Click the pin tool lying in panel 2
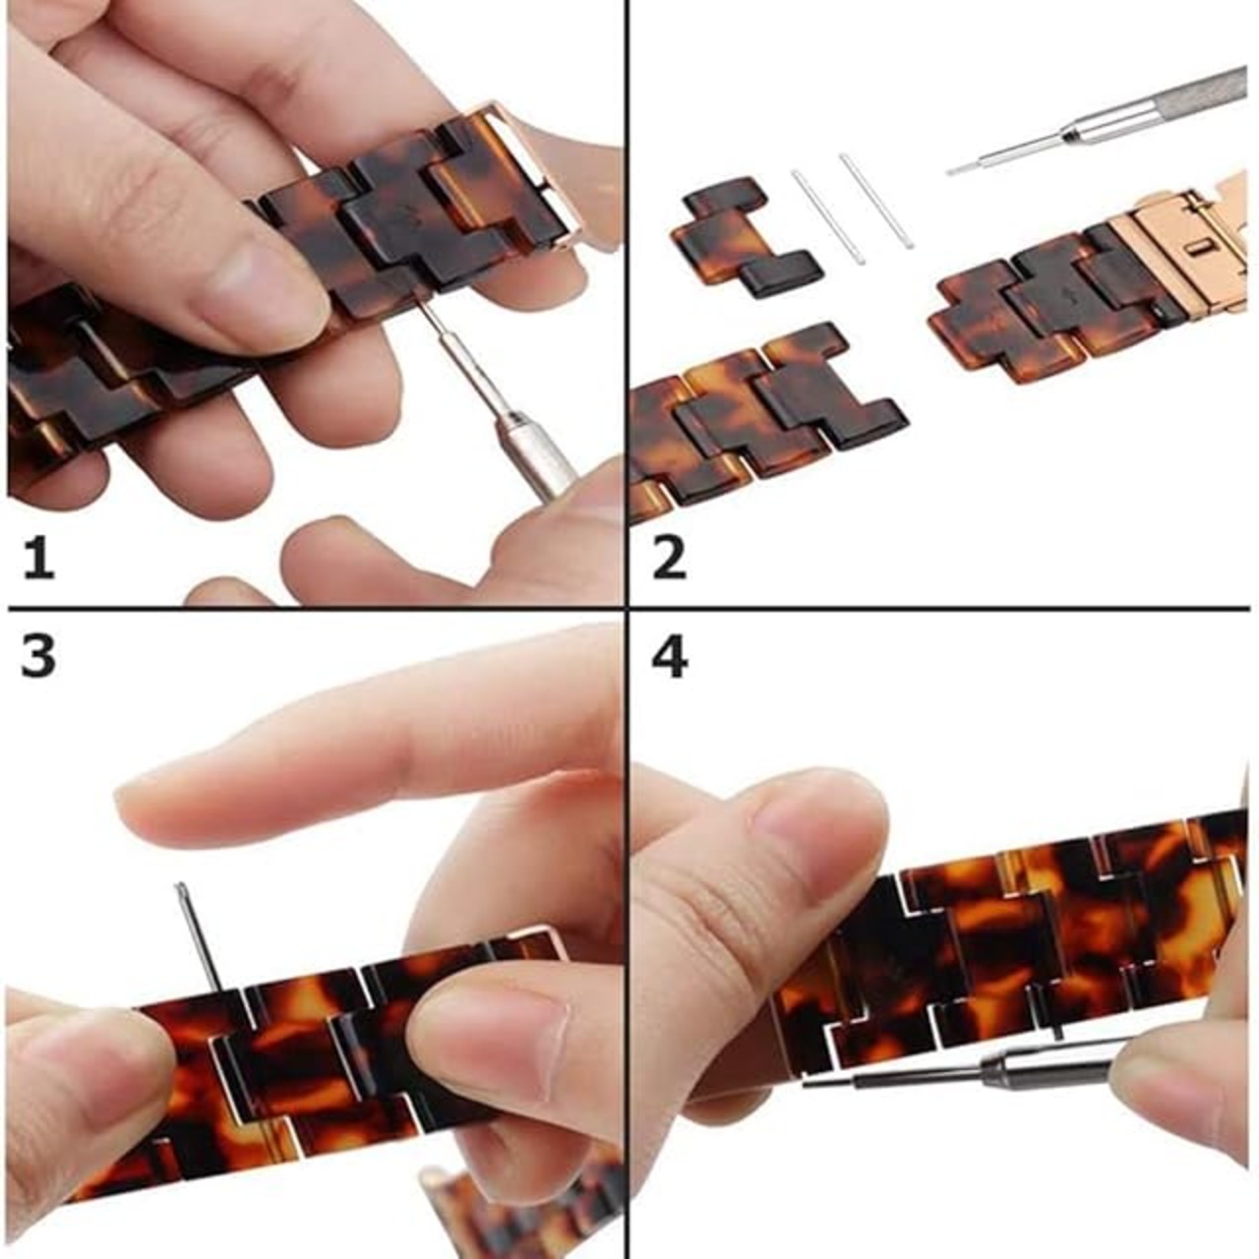[1105, 121]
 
